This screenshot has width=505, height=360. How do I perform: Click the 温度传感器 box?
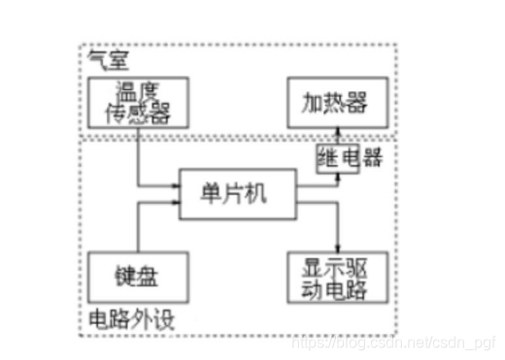coord(144,104)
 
